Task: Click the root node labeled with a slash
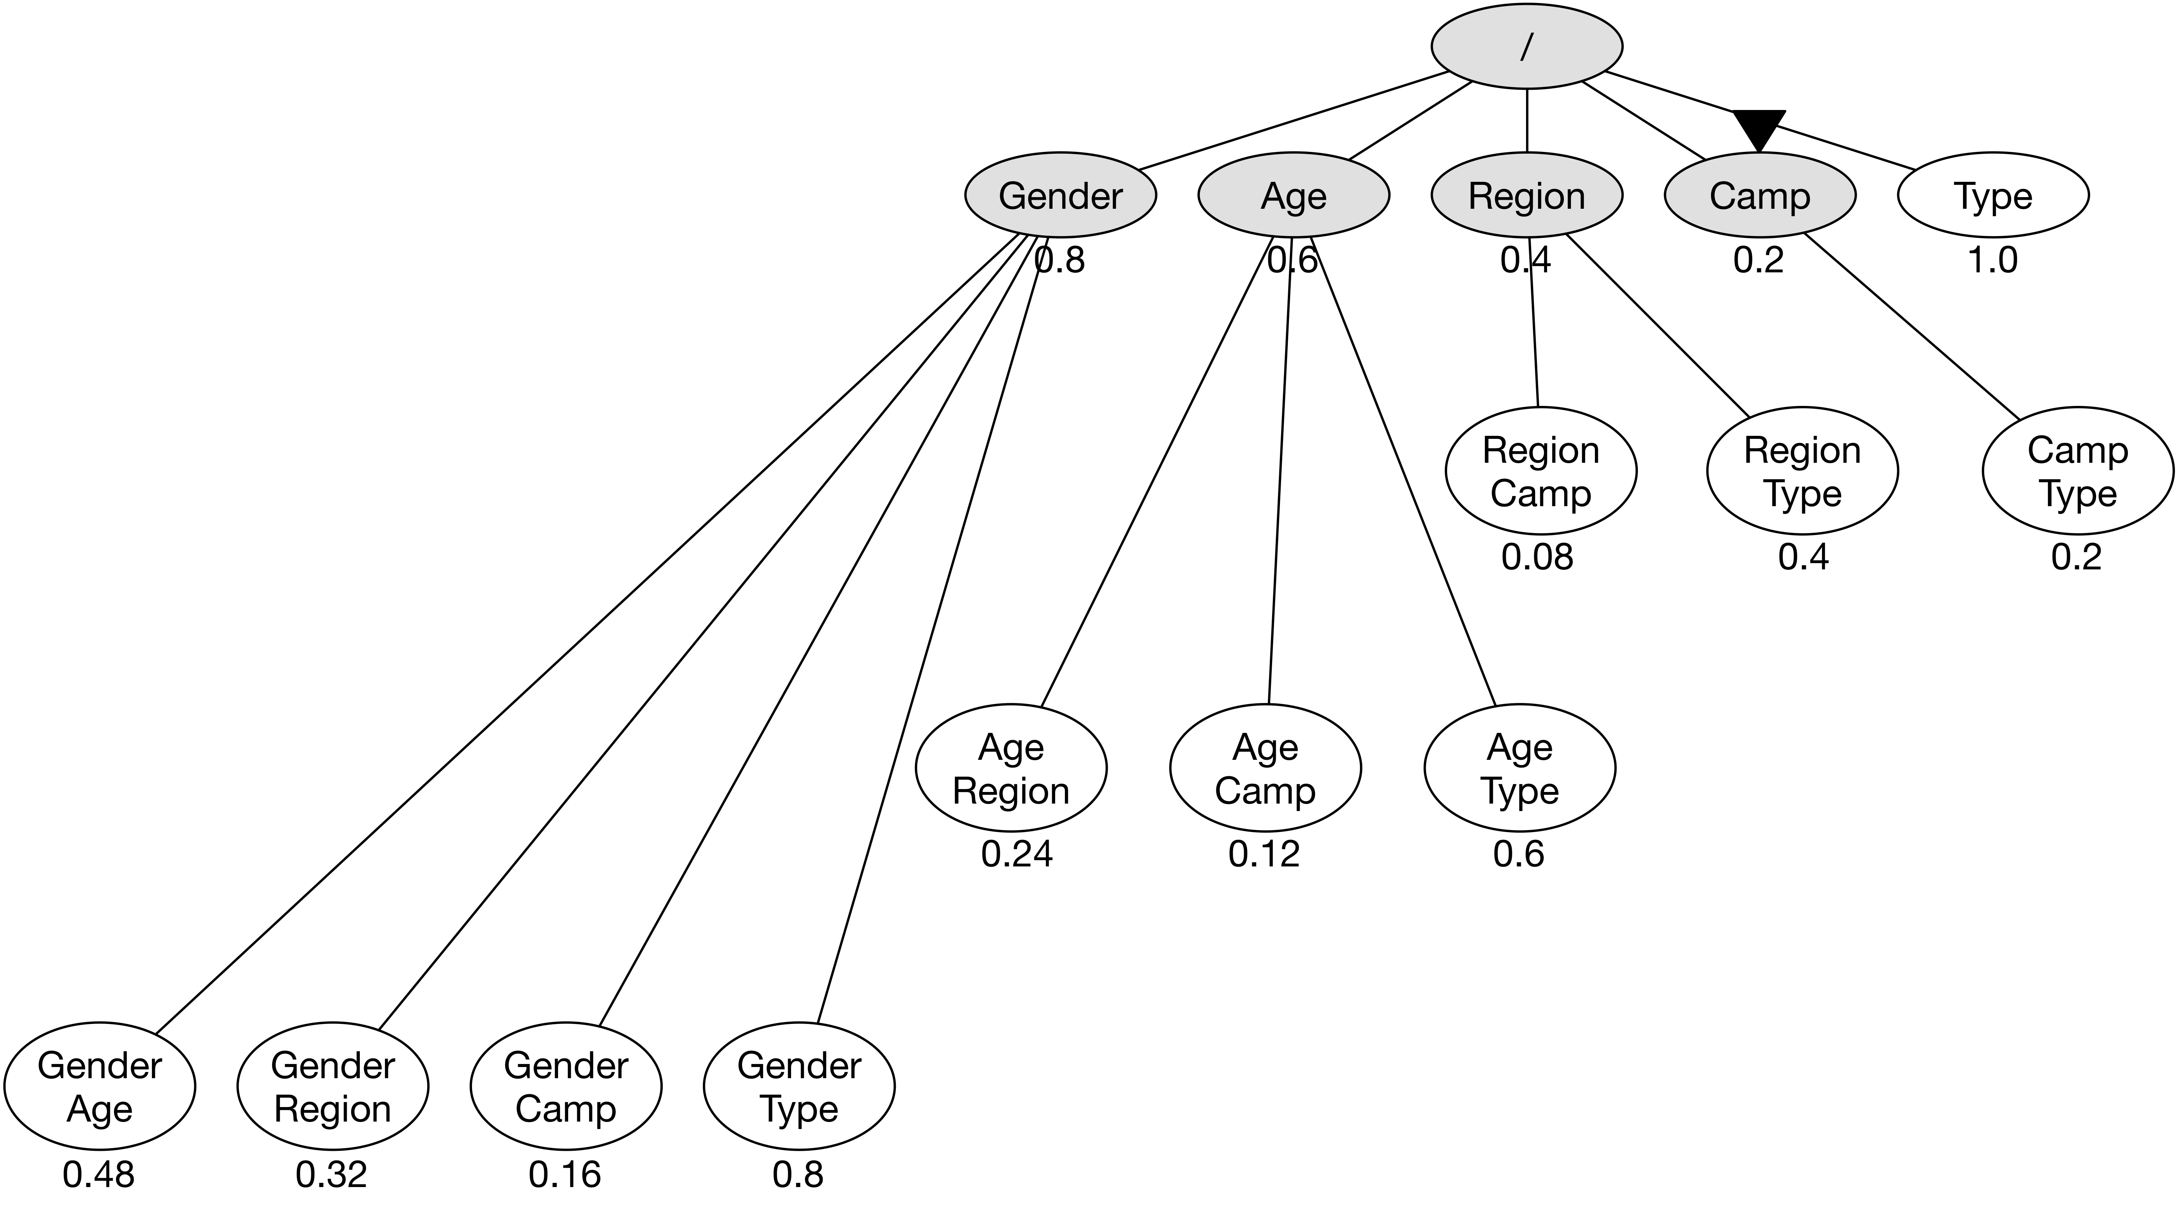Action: click(1526, 46)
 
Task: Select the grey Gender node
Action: click(1060, 195)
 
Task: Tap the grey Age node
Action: click(1294, 195)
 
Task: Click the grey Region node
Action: click(1526, 195)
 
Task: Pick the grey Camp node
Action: click(1759, 195)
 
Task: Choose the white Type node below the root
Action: click(1993, 195)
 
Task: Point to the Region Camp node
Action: click(1541, 471)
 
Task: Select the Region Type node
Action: click(1802, 471)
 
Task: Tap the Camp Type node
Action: click(2077, 471)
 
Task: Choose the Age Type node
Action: click(1519, 768)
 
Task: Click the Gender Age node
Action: click(100, 1086)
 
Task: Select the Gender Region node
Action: click(332, 1086)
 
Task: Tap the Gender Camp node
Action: click(566, 1086)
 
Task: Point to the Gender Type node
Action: click(799, 1086)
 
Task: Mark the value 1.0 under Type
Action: click(1993, 260)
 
